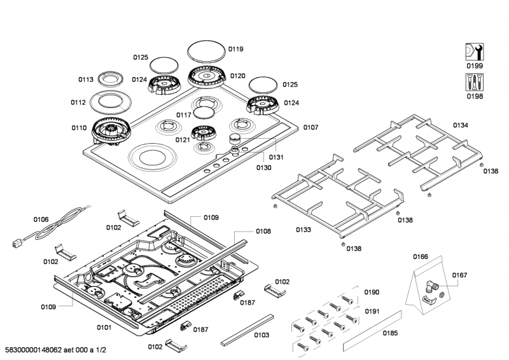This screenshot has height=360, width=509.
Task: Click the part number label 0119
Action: (236, 49)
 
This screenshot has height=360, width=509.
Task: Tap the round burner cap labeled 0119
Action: (207, 52)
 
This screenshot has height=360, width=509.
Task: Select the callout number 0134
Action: (460, 125)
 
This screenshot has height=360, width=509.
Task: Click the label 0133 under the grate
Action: (303, 230)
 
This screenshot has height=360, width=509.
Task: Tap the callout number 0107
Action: (310, 127)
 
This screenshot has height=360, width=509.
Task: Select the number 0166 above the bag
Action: (421, 258)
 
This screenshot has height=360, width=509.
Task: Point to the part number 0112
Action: (78, 102)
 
